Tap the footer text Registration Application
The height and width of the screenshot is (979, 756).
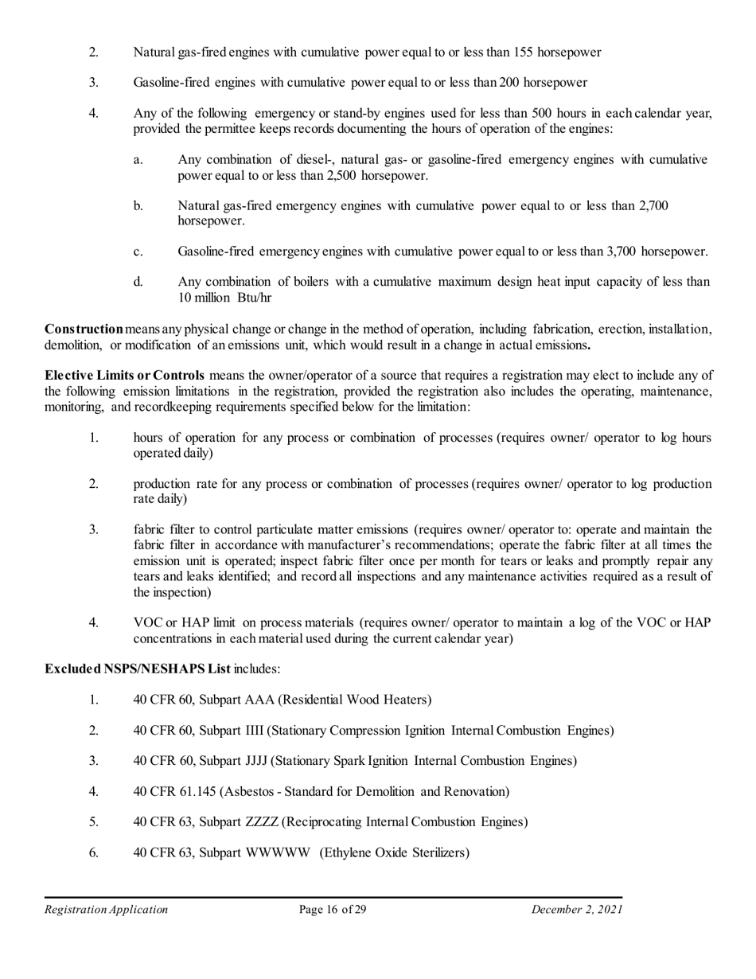[106, 910]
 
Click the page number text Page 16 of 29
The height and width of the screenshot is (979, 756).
[333, 910]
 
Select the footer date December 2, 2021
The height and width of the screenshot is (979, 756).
[577, 910]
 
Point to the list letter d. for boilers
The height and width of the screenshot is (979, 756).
[138, 282]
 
